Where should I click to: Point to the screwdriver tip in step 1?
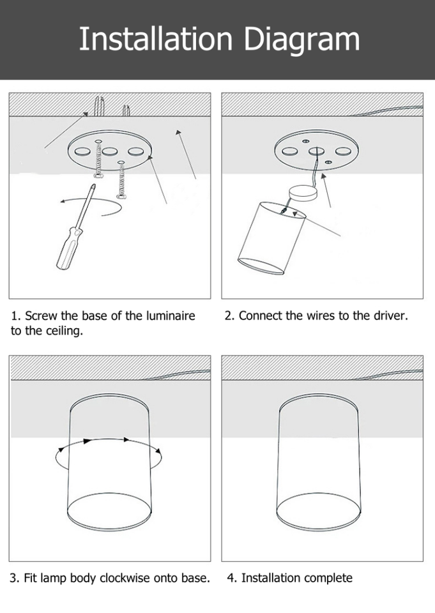(93, 185)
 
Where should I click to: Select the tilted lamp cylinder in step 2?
(271, 238)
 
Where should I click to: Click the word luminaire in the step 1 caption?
(171, 315)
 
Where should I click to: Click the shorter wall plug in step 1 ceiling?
(126, 110)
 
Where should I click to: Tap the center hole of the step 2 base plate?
(316, 151)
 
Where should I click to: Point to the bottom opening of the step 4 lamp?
(319, 511)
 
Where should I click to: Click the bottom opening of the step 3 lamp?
(109, 511)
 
